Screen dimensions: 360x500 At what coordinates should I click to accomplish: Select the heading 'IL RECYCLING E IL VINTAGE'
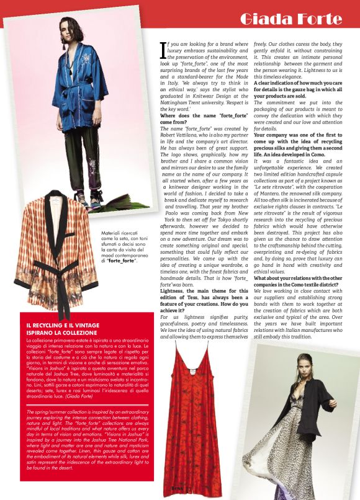[66, 325]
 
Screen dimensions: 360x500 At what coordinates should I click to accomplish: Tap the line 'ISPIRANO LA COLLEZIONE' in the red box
[60, 332]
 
